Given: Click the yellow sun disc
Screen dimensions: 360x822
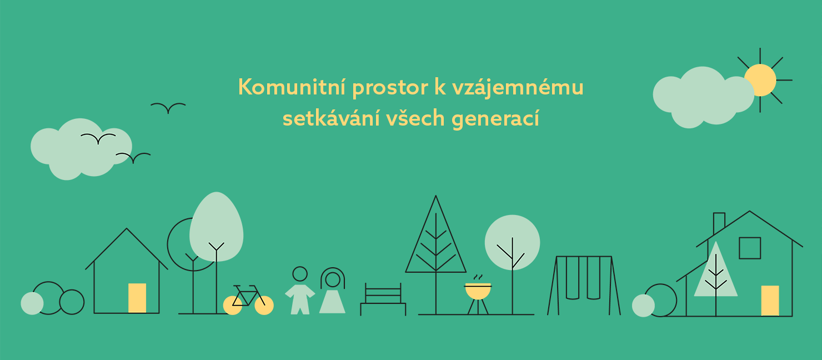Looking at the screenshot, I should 760,80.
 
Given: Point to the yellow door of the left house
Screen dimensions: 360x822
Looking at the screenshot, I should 137,298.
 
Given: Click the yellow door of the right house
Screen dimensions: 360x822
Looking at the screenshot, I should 770,301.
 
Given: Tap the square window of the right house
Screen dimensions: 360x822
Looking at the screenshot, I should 750,248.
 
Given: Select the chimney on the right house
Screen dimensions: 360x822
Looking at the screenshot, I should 719,222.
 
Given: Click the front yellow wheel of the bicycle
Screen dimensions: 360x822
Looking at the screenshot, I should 264,306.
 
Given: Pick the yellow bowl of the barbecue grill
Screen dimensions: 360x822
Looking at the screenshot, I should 478,292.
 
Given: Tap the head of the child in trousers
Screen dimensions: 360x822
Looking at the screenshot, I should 300,274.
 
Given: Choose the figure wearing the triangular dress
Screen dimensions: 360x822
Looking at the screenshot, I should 333,294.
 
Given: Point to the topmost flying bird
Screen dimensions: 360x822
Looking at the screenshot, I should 168,107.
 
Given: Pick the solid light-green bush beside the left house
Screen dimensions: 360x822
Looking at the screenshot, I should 32,303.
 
